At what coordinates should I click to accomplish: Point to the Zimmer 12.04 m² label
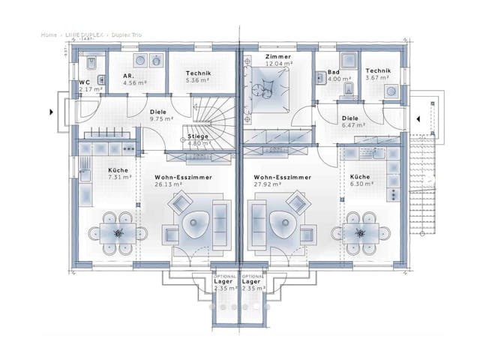[278, 61]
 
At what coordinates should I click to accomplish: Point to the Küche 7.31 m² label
[118, 174]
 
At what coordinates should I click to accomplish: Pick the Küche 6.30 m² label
[359, 181]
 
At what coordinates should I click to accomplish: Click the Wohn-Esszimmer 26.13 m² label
[183, 180]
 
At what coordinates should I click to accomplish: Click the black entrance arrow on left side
[52, 112]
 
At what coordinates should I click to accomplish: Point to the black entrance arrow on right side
[415, 117]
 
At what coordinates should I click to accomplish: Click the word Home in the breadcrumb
[49, 34]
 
